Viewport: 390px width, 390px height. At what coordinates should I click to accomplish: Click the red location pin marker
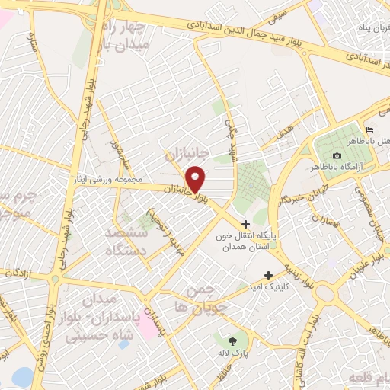tap(197, 178)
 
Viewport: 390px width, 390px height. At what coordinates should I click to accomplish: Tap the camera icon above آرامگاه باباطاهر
tap(337, 155)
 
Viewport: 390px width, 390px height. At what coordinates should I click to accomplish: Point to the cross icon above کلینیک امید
tap(268, 275)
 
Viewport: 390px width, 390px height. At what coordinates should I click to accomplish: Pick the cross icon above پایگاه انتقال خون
tap(245, 224)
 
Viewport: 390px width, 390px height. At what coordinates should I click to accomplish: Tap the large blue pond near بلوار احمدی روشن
tap(23, 376)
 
